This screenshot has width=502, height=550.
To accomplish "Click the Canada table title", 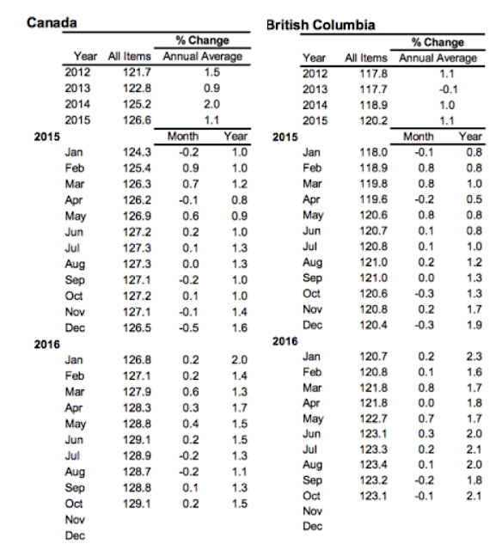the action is (52, 23).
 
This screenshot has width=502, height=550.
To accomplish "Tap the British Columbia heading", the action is (321, 25).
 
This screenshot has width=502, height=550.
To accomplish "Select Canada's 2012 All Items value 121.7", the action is (137, 72).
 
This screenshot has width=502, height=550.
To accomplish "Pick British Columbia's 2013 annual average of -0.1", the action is (448, 89).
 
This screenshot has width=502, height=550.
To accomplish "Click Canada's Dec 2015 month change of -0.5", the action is (189, 327).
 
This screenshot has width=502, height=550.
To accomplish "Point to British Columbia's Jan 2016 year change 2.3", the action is (474, 357).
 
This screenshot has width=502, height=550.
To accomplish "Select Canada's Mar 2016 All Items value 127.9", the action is (137, 392).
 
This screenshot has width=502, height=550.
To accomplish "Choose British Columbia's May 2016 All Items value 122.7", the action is (373, 419).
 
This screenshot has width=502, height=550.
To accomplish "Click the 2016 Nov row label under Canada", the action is (75, 519).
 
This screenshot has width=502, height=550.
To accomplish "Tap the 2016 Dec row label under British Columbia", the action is (312, 526).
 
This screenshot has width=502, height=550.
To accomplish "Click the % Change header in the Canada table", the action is (202, 40).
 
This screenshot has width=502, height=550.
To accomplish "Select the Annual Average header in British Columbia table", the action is (438, 58).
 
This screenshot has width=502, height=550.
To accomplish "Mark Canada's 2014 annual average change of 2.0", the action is (211, 104).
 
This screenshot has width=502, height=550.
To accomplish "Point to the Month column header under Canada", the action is (183, 136).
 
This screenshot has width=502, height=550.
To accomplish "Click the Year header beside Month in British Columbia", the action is (470, 136).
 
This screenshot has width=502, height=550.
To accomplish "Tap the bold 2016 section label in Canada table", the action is (46, 345).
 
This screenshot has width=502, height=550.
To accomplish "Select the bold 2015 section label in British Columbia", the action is (285, 137).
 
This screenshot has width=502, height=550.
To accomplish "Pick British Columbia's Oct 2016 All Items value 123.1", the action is (373, 496).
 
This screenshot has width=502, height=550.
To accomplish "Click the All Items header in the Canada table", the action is (130, 56).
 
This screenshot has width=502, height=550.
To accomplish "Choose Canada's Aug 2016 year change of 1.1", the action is (240, 472).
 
